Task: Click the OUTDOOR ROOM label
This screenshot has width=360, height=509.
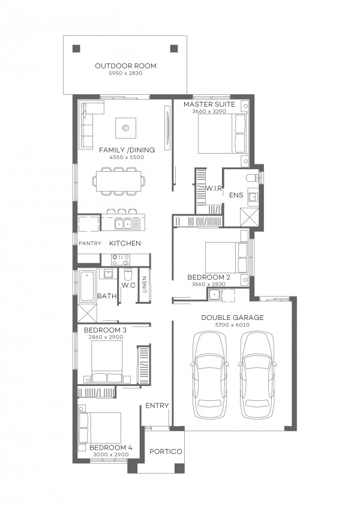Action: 125,66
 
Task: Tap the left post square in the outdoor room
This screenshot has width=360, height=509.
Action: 76,49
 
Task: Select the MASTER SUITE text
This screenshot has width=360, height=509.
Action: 209,104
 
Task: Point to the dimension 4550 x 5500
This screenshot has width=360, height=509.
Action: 127,157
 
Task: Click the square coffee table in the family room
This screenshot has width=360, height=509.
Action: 125,128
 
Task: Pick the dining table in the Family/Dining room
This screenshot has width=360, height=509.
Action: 118,181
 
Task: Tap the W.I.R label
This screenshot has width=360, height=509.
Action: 214,188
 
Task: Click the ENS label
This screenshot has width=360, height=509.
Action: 236,195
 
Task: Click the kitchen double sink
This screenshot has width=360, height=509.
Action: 124,224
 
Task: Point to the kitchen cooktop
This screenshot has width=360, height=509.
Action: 121,259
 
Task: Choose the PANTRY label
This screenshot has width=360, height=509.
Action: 90,243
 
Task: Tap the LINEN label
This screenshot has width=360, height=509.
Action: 145,285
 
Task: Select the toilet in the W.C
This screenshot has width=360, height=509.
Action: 128,275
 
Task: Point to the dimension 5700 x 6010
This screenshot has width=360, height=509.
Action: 232,325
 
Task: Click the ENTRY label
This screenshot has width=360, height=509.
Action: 157,405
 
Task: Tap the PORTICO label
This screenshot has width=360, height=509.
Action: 166,451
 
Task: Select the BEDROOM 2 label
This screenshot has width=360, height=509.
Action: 209,277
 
